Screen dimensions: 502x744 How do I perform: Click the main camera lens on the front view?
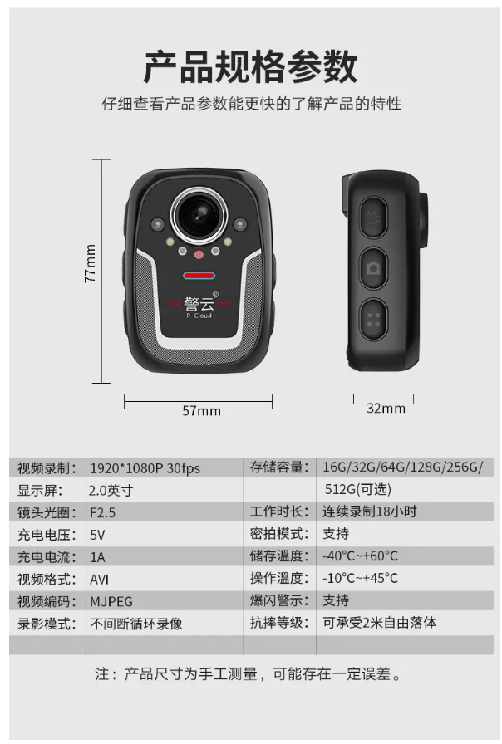[x=199, y=214]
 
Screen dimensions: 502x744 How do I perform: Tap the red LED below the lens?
[x=199, y=255]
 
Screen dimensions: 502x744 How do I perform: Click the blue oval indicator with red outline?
[x=199, y=276]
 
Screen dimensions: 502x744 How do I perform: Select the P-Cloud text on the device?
[x=199, y=316]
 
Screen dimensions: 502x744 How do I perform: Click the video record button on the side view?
[x=373, y=218]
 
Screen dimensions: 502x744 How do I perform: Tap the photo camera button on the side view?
[x=373, y=268]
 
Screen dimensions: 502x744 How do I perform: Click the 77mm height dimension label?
[x=90, y=263]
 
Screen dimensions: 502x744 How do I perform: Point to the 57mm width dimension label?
[x=201, y=411]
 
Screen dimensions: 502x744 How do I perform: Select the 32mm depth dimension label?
[x=386, y=409]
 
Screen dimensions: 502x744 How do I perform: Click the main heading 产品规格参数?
[x=251, y=67]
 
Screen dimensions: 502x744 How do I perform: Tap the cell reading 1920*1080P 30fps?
[x=145, y=468]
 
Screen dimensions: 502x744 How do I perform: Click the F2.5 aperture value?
[x=102, y=512]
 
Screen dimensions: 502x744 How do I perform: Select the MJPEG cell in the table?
[x=111, y=602]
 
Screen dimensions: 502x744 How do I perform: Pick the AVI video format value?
[x=99, y=580]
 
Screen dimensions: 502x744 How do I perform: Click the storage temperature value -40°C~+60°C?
[x=360, y=556]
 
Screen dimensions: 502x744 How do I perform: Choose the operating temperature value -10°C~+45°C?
[x=360, y=579]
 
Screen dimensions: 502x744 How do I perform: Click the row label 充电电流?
[x=47, y=557]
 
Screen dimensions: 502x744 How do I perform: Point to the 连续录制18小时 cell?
[x=370, y=512]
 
